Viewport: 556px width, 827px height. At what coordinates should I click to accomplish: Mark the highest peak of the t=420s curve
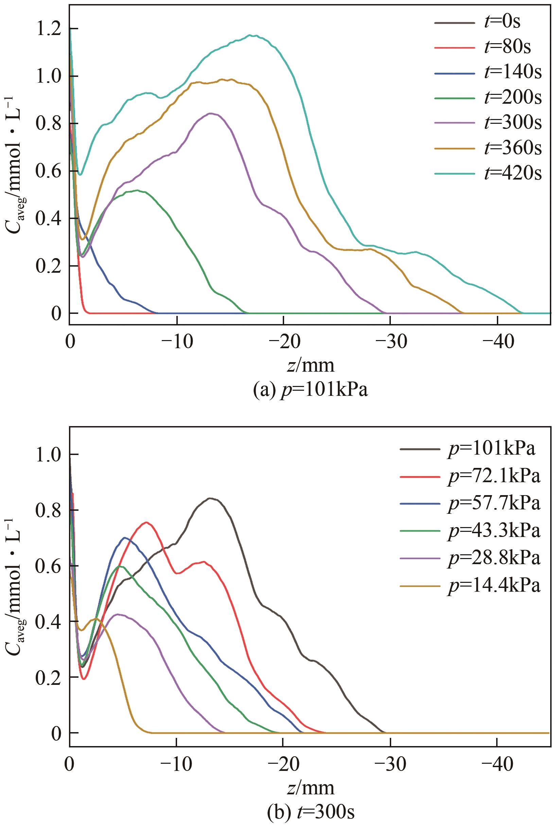(251, 35)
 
